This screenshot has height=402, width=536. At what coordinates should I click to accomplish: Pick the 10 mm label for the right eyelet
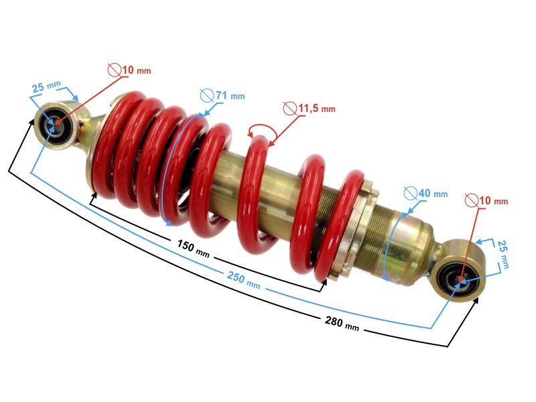[x=492, y=200]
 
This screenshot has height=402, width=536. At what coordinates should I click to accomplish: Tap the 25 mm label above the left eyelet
[x=46, y=88]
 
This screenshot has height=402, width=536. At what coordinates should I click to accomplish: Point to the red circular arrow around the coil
[x=261, y=131]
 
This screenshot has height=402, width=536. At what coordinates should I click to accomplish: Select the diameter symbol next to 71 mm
[x=207, y=96]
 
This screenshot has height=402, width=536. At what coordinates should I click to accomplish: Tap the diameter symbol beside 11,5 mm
[x=289, y=108]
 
